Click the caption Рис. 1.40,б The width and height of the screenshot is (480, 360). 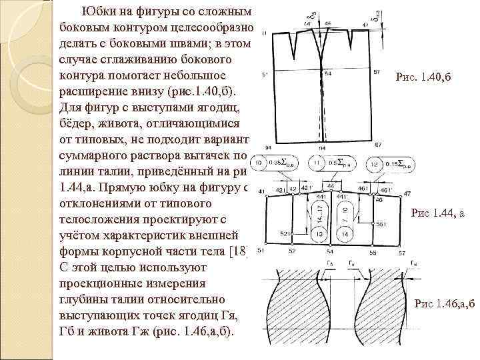[423, 77]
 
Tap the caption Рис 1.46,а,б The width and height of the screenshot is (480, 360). [445, 304]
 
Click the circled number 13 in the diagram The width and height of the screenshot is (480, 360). [319, 234]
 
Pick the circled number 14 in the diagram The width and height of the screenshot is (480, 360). [343, 234]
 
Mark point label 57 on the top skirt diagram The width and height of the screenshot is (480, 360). [377, 72]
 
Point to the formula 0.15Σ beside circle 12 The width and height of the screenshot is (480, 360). [396, 163]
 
